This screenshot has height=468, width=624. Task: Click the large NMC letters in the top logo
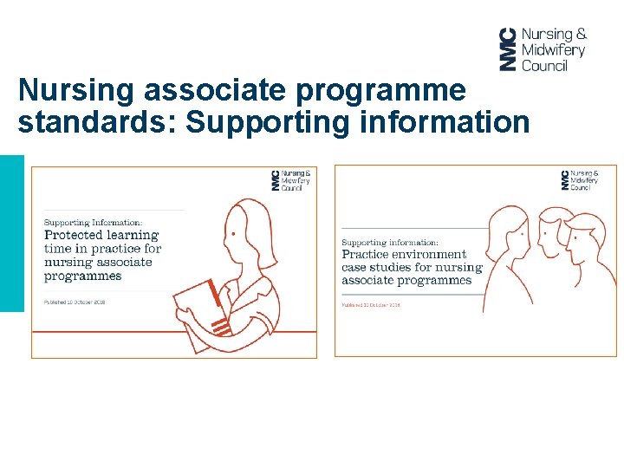(x=508, y=49)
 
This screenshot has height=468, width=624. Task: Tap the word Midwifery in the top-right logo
(x=553, y=50)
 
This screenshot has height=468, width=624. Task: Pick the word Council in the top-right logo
(x=545, y=65)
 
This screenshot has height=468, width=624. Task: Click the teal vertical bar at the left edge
(x=11, y=233)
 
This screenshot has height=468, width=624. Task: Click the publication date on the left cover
(x=75, y=302)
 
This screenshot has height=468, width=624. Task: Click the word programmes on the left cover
(x=82, y=276)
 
